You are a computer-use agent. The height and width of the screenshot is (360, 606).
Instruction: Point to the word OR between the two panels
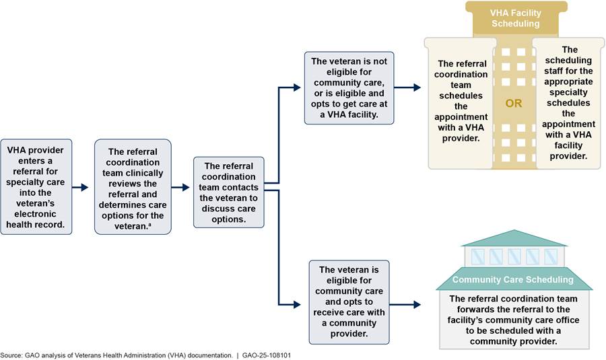click(x=514, y=104)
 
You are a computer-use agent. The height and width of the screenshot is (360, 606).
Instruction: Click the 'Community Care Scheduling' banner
click(x=513, y=279)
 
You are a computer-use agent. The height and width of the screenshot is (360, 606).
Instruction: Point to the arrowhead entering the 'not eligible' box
click(x=298, y=87)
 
